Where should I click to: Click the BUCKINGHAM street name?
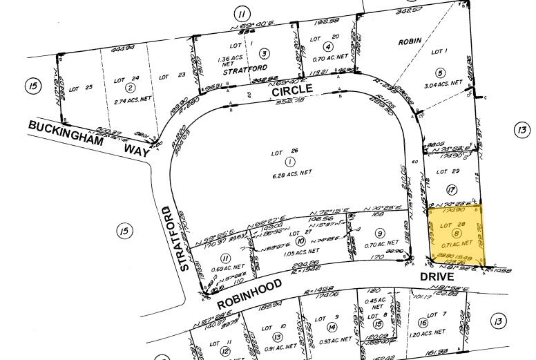[66, 133]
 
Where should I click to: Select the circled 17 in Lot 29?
[452, 190]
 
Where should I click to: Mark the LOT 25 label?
[80, 88]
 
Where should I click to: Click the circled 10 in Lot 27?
[300, 241]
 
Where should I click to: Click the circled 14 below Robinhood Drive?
[332, 327]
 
